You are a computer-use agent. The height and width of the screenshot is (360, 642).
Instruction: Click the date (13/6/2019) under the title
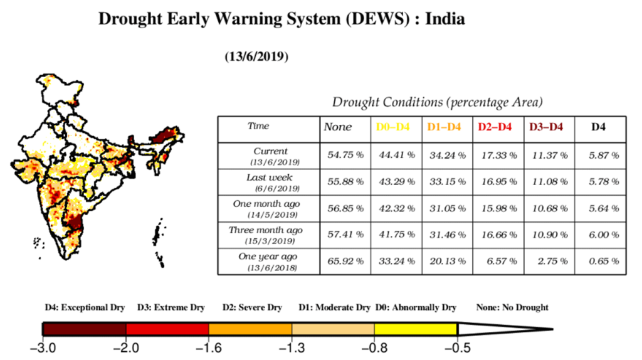pos(256,57)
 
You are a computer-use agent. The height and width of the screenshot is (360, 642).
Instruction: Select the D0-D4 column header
pos(393,127)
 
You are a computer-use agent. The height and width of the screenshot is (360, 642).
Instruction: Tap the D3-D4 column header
pos(546,127)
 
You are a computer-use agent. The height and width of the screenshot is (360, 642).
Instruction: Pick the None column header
pos(338,127)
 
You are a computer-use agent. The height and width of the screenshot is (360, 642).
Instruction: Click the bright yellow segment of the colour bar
pos(415,329)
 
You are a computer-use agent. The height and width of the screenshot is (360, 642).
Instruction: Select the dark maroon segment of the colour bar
pos(84,329)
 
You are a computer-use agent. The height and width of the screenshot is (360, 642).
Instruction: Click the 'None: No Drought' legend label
pos(512,308)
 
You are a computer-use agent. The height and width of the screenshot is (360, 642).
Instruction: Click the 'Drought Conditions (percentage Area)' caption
pos(437,102)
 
